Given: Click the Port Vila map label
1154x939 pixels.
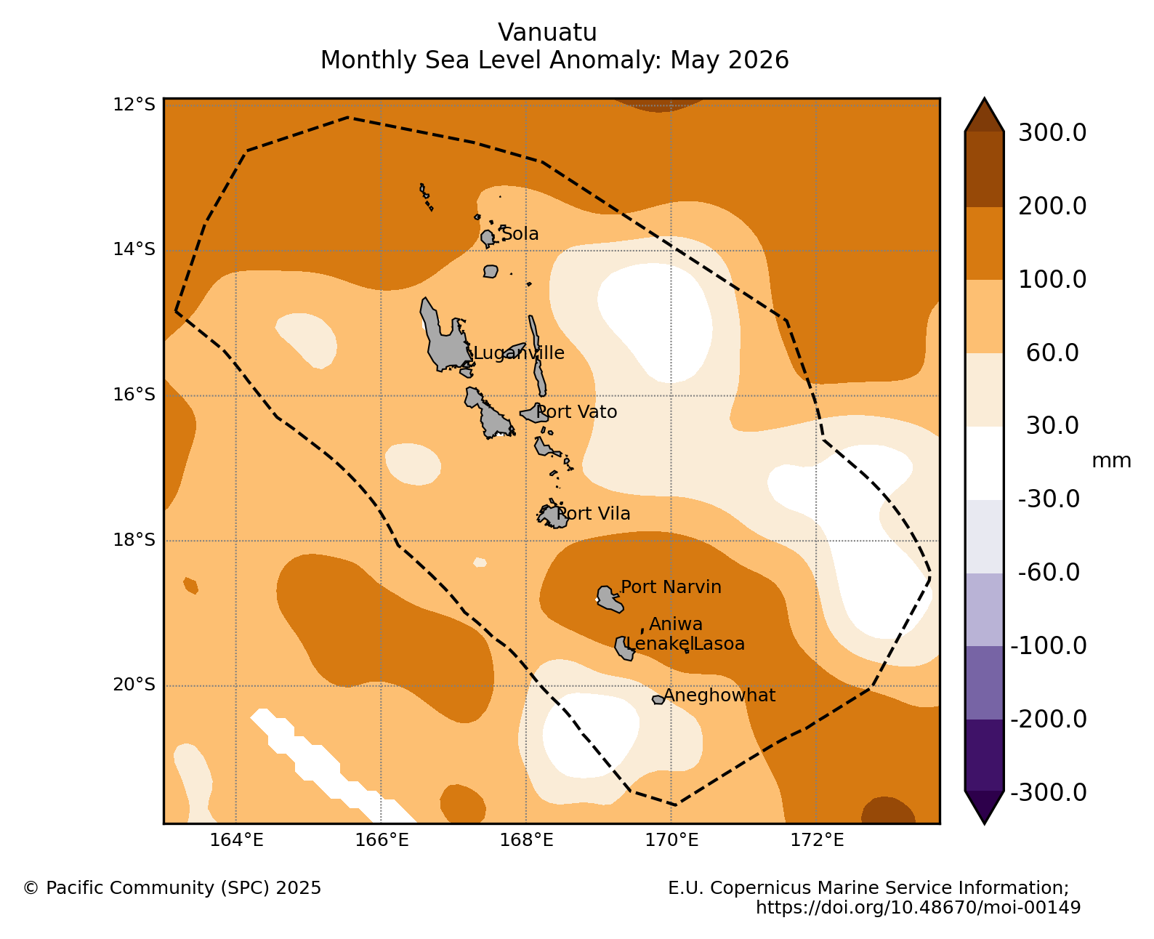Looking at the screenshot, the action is [593, 513].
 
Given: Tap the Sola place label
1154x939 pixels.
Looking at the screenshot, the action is [520, 233].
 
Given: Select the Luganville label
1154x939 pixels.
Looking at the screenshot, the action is [518, 352].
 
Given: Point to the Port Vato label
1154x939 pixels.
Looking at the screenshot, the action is [576, 412].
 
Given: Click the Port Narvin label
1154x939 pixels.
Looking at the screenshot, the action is [671, 587].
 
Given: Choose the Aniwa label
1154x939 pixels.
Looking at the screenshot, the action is [676, 624].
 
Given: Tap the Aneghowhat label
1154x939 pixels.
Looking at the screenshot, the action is [719, 696].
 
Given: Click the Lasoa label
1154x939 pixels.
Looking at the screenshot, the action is [719, 643].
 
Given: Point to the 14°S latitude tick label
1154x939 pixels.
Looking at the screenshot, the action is [134, 249].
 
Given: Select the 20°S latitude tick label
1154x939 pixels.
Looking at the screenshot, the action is [134, 685].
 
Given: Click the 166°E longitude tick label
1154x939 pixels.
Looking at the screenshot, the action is [382, 839].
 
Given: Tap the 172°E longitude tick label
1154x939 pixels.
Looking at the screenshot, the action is [817, 839].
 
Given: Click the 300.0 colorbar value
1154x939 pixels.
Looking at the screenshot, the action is [1052, 133].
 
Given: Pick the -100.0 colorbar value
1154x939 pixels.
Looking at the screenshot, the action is [1049, 645].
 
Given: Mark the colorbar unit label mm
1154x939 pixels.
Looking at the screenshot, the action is [1111, 461].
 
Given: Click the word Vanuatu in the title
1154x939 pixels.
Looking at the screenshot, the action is [547, 33].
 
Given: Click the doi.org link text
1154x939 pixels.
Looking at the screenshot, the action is [918, 907].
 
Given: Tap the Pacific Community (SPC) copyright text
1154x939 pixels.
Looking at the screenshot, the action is [172, 887].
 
